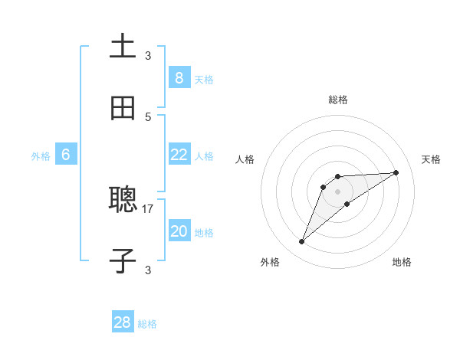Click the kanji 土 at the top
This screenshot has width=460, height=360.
pyautogui.click(x=123, y=46)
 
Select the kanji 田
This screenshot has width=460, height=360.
pyautogui.click(x=123, y=107)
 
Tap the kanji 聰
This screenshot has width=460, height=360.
pyautogui.click(x=123, y=200)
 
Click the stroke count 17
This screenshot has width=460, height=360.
pyautogui.click(x=148, y=208)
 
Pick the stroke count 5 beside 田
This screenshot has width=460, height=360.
pyautogui.click(x=148, y=116)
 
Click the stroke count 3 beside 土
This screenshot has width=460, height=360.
pyautogui.click(x=148, y=55)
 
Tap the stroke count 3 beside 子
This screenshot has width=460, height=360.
pyautogui.click(x=148, y=270)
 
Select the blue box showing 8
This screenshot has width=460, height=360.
pyautogui.click(x=179, y=77)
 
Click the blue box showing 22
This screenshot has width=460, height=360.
pyautogui.click(x=179, y=155)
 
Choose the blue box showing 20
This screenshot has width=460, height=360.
pyautogui.click(x=179, y=231)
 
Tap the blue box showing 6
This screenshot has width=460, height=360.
pyautogui.click(x=66, y=155)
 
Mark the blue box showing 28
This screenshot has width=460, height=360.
pyautogui.click(x=123, y=322)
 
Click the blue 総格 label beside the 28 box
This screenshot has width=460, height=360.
pyautogui.click(x=147, y=324)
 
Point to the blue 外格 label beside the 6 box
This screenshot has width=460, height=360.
pyautogui.click(x=41, y=156)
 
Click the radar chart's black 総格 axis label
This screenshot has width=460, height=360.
pyautogui.click(x=338, y=100)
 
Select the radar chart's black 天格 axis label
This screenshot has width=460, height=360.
pyautogui.click(x=431, y=159)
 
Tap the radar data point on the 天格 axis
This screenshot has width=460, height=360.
pyautogui.click(x=396, y=172)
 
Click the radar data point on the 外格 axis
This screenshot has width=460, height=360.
pyautogui.click(x=302, y=242)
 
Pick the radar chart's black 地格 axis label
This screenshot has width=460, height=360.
pyautogui.click(x=402, y=262)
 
